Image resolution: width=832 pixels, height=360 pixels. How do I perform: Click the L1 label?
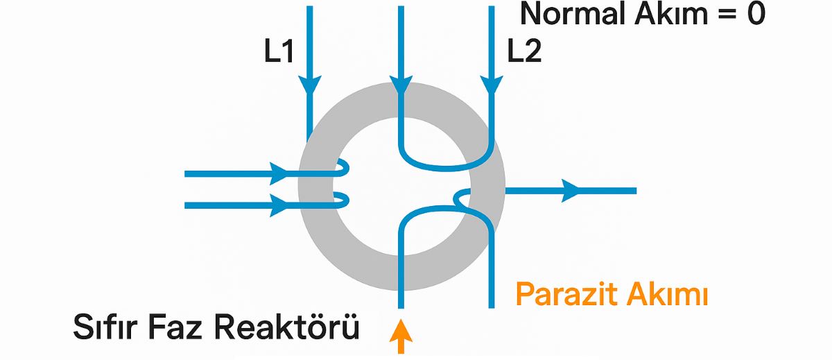[279, 51]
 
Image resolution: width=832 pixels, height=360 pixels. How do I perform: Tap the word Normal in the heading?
[574, 14]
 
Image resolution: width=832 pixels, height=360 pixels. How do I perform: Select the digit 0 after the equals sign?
[756, 14]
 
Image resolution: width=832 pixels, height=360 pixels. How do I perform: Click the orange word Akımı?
[667, 295]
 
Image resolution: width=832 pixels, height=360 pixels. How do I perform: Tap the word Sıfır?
[105, 327]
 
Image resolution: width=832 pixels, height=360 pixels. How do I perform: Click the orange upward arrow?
[401, 336]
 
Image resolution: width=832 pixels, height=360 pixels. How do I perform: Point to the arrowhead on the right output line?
[570, 191]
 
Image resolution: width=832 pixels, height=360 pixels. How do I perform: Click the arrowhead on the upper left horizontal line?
[279, 173]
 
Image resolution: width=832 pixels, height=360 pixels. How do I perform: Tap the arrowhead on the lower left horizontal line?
[279, 205]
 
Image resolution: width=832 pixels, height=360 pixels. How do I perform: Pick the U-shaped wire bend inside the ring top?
[446, 168]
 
